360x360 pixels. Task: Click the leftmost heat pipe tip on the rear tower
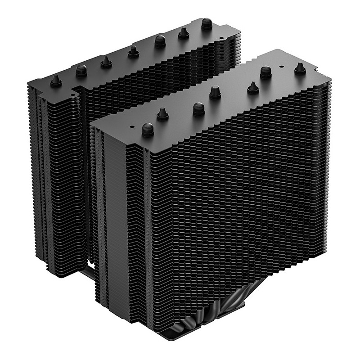click(55, 80)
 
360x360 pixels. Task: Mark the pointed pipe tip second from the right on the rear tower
click(183, 32)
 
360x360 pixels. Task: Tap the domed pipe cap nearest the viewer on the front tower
click(148, 129)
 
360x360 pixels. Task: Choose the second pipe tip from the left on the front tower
click(162, 114)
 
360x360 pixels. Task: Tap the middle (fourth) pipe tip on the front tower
click(214, 92)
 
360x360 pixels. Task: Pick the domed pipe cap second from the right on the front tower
click(266, 71)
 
